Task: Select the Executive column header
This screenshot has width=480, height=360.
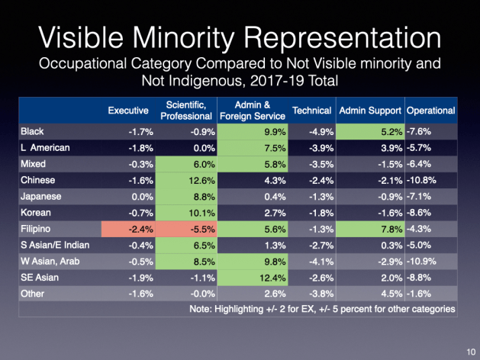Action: coord(127,111)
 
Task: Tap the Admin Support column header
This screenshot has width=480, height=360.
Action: coord(370,111)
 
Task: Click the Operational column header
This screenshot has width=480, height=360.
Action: coord(431,111)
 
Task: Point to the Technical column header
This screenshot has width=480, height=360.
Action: coord(311,111)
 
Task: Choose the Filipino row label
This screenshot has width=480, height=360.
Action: coord(37,228)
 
